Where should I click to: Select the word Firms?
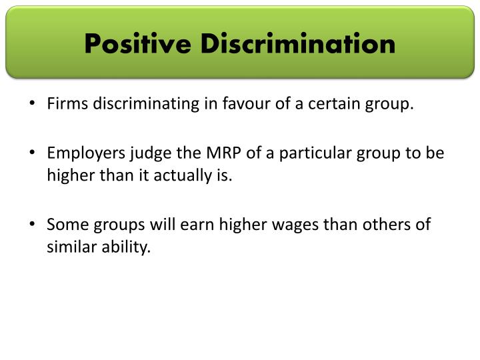click(64, 105)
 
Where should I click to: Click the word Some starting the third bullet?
click(63, 225)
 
